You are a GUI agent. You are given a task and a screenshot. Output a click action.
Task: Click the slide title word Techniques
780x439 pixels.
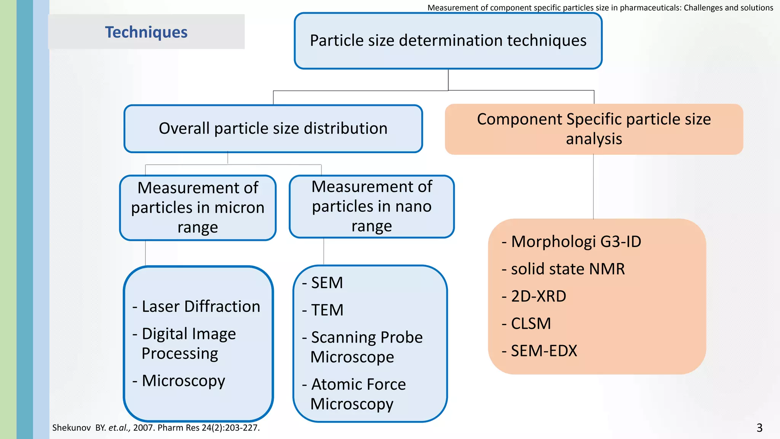pyautogui.click(x=146, y=32)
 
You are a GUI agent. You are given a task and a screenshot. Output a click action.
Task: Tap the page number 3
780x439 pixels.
pyautogui.click(x=759, y=428)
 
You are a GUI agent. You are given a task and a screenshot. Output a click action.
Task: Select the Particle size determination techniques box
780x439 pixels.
pyautogui.click(x=448, y=41)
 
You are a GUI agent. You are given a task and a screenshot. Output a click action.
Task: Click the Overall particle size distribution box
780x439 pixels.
pyautogui.click(x=273, y=128)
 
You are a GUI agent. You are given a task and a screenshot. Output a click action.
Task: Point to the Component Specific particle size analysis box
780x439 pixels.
pyautogui.click(x=594, y=129)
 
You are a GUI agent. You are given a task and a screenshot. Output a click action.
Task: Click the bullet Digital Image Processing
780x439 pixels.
pyautogui.click(x=188, y=343)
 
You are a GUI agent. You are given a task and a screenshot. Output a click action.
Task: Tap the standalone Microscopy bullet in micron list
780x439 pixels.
pyautogui.click(x=183, y=381)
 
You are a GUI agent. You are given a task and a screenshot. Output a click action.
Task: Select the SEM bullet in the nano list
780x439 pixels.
pyautogui.click(x=326, y=283)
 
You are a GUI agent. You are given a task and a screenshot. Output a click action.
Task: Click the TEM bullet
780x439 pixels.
pyautogui.click(x=327, y=310)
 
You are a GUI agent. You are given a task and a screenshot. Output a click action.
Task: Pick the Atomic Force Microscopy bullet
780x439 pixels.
pyautogui.click(x=358, y=394)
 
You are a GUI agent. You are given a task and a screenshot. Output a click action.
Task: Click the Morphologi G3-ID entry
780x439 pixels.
pyautogui.click(x=575, y=242)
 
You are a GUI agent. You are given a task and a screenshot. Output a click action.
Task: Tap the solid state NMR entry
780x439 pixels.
pyautogui.click(x=567, y=269)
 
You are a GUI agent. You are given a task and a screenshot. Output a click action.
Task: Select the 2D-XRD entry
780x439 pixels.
pyautogui.click(x=538, y=296)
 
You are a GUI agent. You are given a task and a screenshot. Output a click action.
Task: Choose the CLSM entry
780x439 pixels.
pyautogui.click(x=531, y=324)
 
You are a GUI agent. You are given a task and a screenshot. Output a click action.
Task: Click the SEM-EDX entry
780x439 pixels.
pyautogui.click(x=543, y=351)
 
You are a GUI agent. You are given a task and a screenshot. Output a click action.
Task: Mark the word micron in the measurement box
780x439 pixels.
pyautogui.click(x=239, y=208)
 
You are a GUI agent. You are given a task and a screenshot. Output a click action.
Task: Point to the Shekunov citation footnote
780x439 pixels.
pyautogui.click(x=156, y=428)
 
